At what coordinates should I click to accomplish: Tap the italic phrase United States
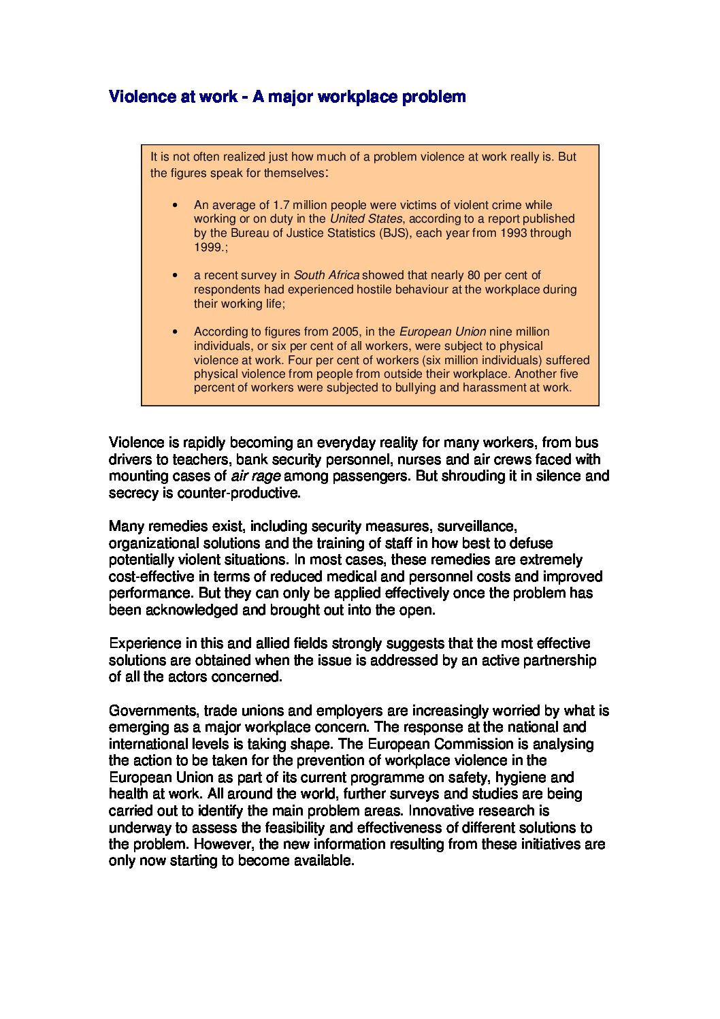pos(366,219)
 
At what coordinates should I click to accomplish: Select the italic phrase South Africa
pos(326,275)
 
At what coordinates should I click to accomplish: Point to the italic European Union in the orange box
pos(442,331)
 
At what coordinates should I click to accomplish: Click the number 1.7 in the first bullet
pos(280,205)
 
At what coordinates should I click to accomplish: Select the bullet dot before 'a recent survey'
pos(176,276)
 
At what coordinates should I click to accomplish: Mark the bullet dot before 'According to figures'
pos(176,332)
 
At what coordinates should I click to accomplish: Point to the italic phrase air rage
pos(256,476)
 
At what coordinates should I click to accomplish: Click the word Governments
pos(153,711)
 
